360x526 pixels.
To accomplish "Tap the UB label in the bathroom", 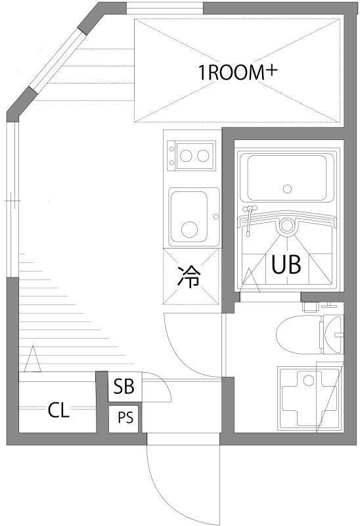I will tap(286, 264).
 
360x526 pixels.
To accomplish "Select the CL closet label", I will tap(58, 411).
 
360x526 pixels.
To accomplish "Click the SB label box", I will tap(124, 387).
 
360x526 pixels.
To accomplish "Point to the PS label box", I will tap(124, 418).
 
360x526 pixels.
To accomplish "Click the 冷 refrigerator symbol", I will tap(189, 277).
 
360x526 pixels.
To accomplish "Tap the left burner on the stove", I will tap(187, 156).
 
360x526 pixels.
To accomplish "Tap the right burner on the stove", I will tap(204, 156).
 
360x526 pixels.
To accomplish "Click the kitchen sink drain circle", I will tap(189, 229).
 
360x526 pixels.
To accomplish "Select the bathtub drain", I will tap(286, 189).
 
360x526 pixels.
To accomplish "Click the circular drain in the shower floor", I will tap(286, 226).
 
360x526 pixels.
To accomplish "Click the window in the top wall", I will tap(164, 8).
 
